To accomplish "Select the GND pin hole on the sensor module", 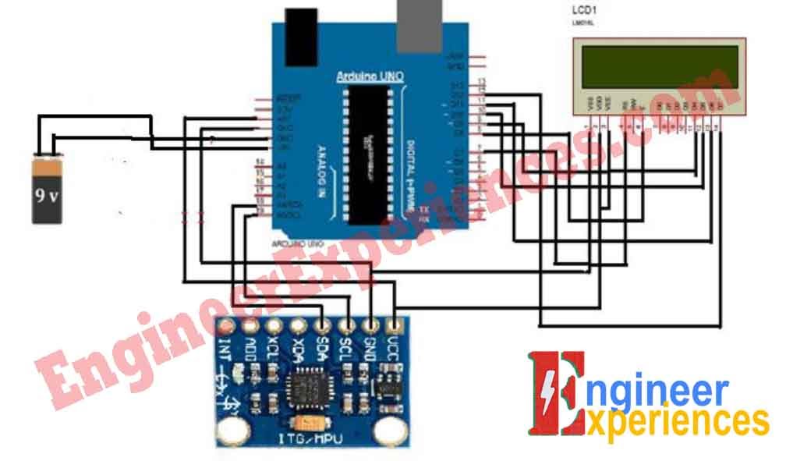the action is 371,324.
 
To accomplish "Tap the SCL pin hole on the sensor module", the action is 346,324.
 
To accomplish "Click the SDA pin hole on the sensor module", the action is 322,324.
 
